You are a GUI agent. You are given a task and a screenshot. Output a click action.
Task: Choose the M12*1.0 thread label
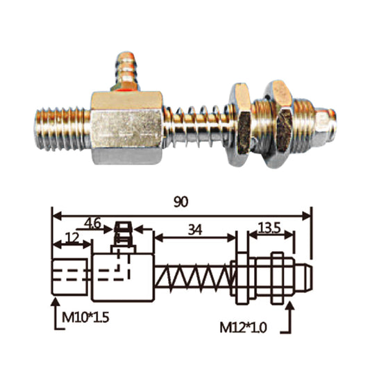click(x=251, y=326)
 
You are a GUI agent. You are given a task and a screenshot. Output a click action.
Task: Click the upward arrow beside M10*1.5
click(x=55, y=311)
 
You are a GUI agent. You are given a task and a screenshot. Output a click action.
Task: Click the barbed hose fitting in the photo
click(x=128, y=68)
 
